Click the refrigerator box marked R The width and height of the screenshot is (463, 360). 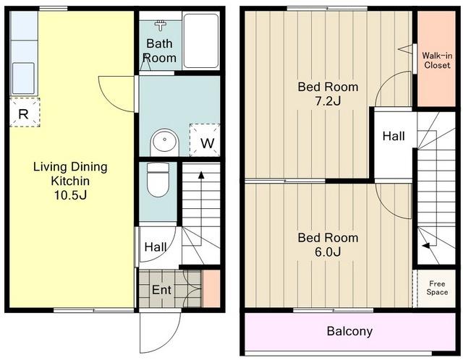click(25, 113)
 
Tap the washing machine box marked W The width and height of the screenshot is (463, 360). click(205, 140)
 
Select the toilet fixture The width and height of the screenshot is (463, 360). click(158, 179)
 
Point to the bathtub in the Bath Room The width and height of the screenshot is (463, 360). click(201, 40)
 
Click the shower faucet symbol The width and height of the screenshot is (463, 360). click(161, 25)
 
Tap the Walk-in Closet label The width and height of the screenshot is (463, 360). click(437, 60)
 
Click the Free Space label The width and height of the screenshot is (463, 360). click(437, 288)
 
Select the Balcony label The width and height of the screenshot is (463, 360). click(349, 331)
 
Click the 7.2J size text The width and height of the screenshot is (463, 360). click(328, 101)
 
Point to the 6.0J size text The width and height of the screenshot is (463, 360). click(328, 252)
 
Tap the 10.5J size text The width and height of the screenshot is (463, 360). click(70, 195)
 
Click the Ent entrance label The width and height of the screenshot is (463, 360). click(161, 290)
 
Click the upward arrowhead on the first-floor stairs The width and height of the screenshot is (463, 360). click(201, 175)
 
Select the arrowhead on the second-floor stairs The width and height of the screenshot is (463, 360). click(425, 246)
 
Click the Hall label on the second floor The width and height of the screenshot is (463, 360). click(394, 136)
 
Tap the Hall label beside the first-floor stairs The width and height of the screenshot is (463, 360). click(156, 247)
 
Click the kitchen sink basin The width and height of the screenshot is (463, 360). click(23, 78)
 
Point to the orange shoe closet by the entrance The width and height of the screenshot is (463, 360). click(211, 288)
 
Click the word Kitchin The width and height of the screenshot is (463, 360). click(70, 181)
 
